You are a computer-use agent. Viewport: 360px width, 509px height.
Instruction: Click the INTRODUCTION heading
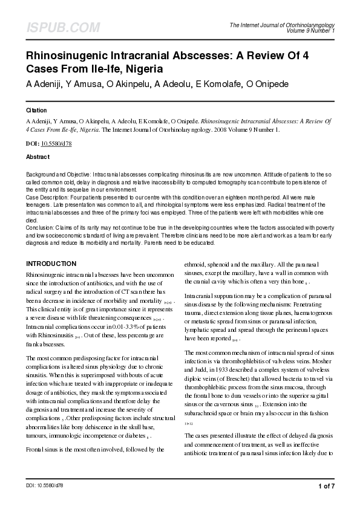click(51, 264)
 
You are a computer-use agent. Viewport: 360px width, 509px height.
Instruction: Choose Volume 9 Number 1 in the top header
click(310, 30)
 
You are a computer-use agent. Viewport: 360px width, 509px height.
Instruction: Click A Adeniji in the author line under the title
click(44, 83)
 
